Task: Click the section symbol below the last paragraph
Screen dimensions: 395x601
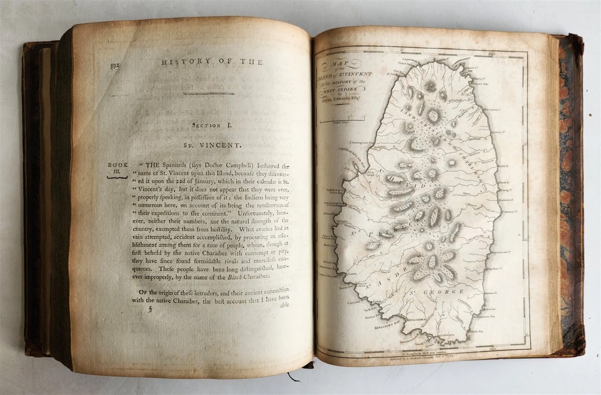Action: coord(150,309)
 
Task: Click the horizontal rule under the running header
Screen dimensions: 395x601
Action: coord(209,93)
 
